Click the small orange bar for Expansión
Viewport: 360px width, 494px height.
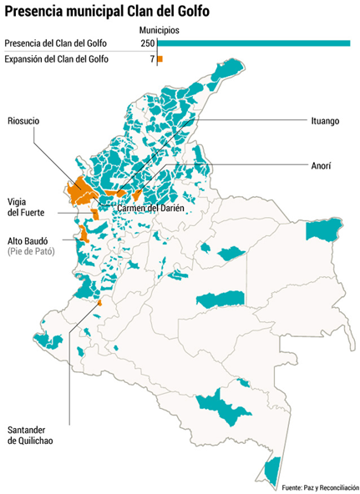[x=160, y=59]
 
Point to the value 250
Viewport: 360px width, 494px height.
[x=147, y=43]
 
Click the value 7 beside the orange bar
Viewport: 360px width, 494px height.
[x=152, y=59]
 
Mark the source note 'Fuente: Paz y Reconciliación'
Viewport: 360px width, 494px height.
[x=320, y=486]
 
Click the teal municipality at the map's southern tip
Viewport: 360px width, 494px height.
[x=270, y=472]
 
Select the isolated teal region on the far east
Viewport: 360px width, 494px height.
[x=323, y=230]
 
